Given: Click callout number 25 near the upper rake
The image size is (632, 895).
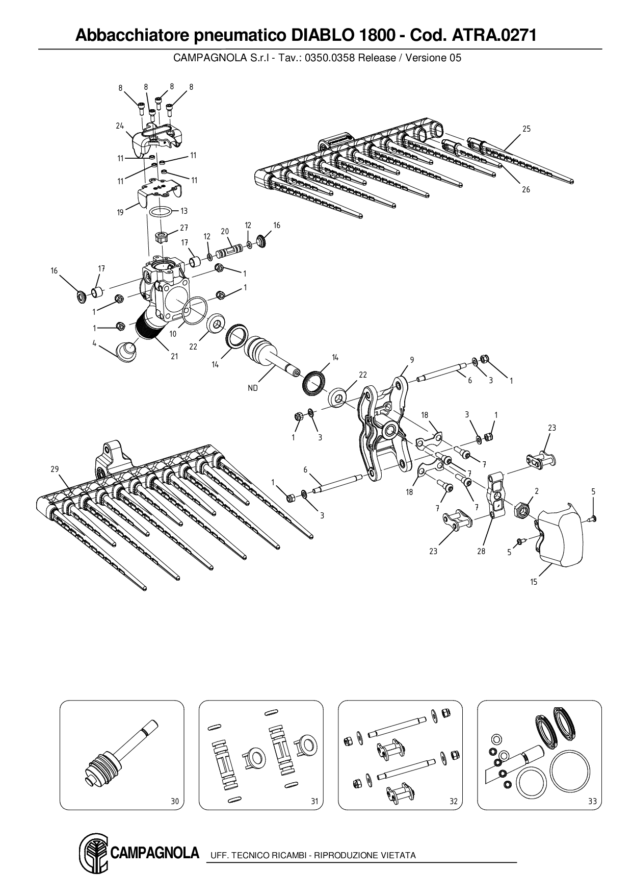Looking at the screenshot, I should tap(526, 129).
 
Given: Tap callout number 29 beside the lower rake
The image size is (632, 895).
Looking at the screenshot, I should tap(55, 469).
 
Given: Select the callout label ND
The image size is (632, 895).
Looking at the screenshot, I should tap(253, 388).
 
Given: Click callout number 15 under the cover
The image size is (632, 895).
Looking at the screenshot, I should tap(534, 582).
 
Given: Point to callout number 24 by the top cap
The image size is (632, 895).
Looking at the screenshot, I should tap(120, 126).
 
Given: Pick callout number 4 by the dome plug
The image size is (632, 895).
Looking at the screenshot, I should tap(94, 343).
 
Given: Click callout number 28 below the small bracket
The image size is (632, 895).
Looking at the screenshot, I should tap(481, 551).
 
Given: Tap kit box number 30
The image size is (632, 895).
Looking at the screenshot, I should tap(175, 802).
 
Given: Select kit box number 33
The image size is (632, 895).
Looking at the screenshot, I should tap(592, 802).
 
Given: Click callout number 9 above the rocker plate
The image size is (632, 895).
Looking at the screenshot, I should tap(412, 360).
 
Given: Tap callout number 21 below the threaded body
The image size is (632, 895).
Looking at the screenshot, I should tap(174, 357).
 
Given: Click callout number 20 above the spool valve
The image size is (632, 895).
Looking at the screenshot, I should tap(225, 231).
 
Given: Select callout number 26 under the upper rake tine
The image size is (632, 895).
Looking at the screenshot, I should tap(526, 189).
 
